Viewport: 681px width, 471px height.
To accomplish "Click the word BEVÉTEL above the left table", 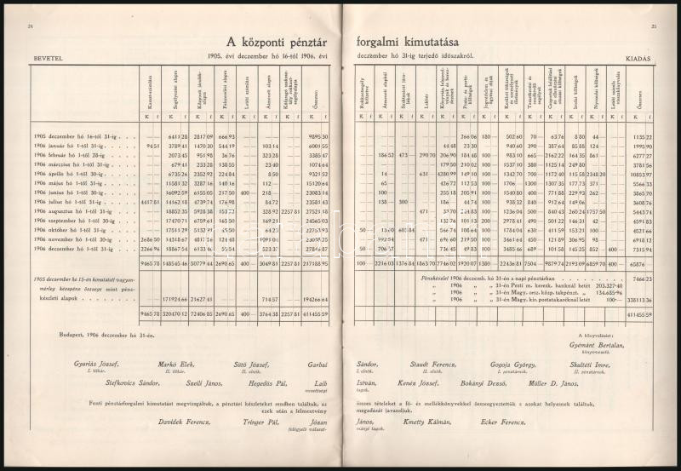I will (x=44, y=57).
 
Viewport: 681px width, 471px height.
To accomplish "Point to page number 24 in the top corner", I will (x=31, y=26).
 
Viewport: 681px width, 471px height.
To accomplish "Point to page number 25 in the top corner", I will (x=651, y=26).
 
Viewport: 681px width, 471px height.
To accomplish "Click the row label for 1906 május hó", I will (x=70, y=183).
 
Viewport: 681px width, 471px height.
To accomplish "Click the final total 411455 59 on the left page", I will (x=315, y=313).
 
